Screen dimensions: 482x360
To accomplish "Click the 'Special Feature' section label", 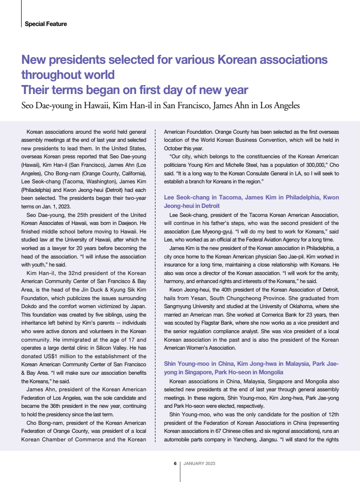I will click(46, 24).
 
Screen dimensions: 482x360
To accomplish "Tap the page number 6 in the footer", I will click(175, 463).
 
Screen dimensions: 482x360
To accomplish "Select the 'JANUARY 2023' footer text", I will click(199, 463).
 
